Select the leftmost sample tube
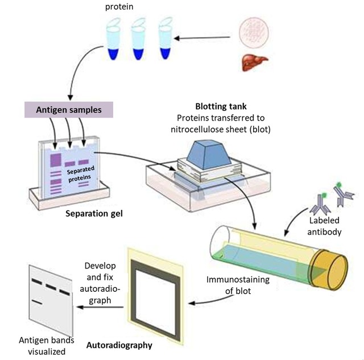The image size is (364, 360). click(110, 40)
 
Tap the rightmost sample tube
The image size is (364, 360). click(165, 40)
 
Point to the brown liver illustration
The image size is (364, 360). click(251, 61)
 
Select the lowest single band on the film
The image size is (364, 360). click(38, 301)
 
